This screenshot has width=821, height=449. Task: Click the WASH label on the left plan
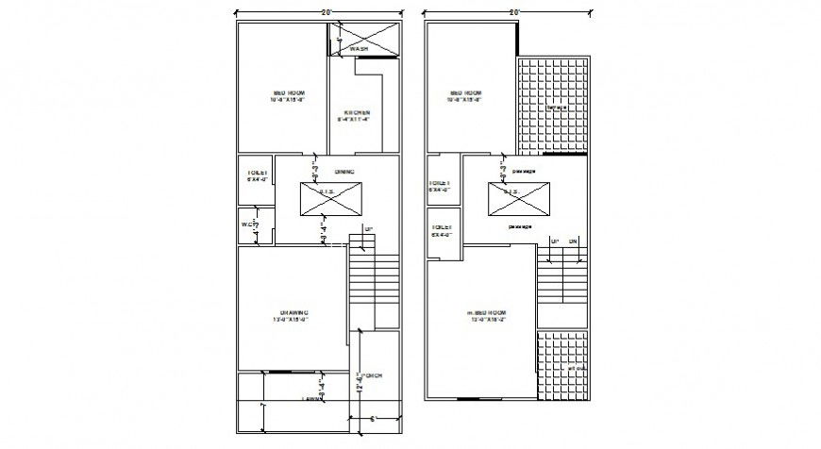coord(360,48)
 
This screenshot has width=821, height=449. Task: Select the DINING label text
coord(344,172)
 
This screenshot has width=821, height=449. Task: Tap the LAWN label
coord(312,400)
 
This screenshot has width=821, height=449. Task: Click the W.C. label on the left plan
coord(250,224)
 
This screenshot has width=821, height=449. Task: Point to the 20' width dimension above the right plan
coord(515,11)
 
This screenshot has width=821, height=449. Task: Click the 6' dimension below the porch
coord(375,418)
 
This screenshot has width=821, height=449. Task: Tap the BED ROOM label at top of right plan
coord(466,95)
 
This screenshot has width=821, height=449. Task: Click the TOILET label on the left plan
coord(258,176)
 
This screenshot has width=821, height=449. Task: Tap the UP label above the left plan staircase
coord(370,229)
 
